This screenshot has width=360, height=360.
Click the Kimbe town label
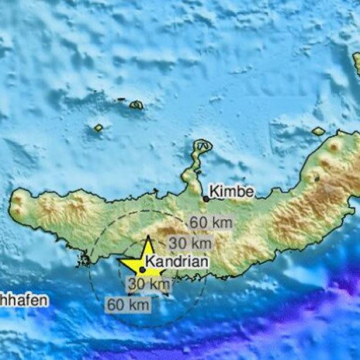(232, 192)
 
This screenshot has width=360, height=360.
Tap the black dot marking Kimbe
(206, 198)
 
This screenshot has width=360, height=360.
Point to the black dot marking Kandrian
(143, 269)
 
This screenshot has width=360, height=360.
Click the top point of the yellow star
(147, 237)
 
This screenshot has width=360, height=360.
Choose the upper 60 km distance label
(210, 223)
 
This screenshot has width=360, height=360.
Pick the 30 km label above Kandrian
(191, 243)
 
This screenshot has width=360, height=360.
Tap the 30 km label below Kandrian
(149, 285)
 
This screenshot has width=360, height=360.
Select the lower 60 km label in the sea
(128, 305)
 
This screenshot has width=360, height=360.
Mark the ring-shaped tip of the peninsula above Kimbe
(202, 146)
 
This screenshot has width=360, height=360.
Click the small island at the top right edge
(356, 62)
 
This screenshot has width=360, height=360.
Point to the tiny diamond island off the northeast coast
(318, 131)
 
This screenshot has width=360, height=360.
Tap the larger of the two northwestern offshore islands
(136, 105)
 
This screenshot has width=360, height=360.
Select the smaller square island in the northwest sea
(98, 128)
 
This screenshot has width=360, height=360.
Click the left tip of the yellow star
(119, 260)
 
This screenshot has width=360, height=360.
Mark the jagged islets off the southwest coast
(85, 260)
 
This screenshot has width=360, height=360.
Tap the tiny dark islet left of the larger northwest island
(121, 100)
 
